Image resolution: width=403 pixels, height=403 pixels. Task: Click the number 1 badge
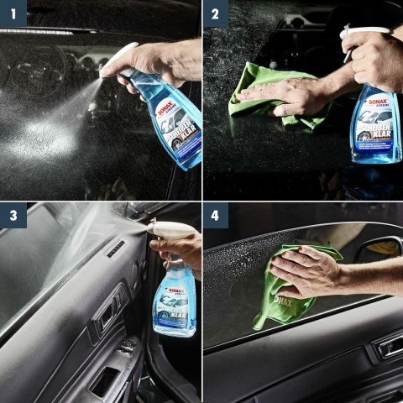13,13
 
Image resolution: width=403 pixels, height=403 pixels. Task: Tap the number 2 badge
216,13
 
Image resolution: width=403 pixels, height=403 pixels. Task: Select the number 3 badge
13,216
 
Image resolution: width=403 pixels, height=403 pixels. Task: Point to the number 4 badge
216,216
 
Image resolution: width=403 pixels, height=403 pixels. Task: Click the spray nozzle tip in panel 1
104,73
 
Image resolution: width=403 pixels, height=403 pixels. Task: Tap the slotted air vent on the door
115,249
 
